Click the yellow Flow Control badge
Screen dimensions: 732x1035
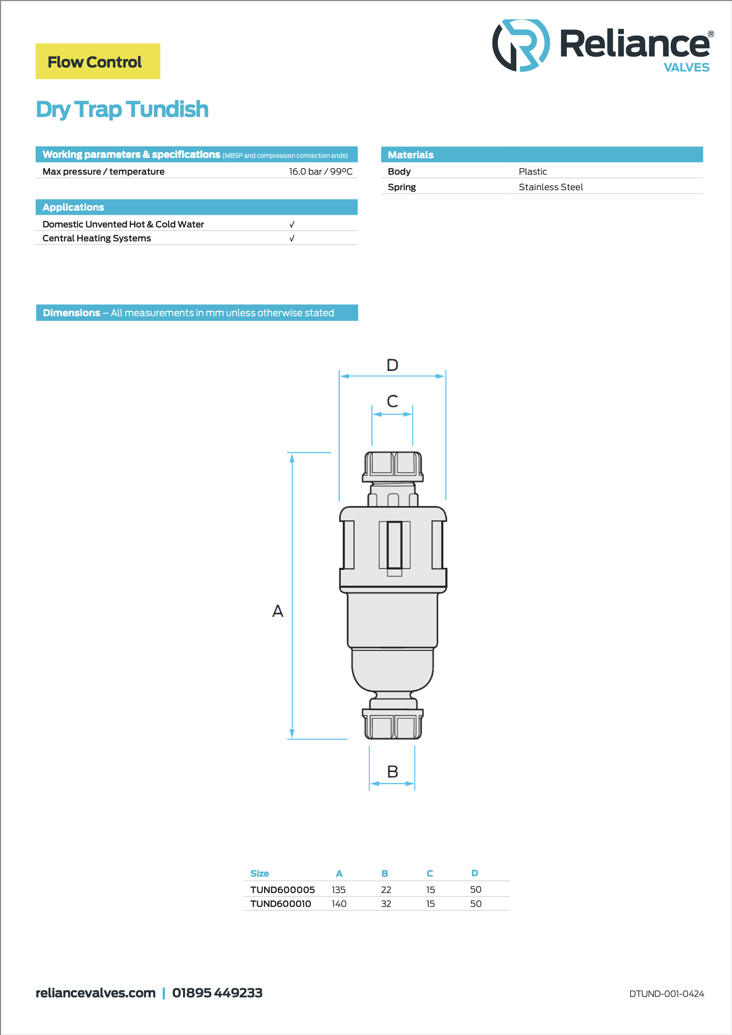click(x=98, y=61)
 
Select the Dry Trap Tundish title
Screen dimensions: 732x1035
click(x=122, y=110)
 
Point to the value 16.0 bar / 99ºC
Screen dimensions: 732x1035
click(x=321, y=171)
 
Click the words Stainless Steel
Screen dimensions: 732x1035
click(x=551, y=187)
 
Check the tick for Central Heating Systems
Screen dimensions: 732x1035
click(x=292, y=238)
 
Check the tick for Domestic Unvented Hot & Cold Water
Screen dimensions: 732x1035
click(x=292, y=224)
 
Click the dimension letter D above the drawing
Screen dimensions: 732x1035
click(x=392, y=364)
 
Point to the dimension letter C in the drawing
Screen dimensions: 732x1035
click(x=392, y=401)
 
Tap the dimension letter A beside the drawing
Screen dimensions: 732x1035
click(x=278, y=611)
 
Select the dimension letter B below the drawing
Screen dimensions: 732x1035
click(x=392, y=771)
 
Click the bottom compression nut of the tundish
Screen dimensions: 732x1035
click(x=393, y=724)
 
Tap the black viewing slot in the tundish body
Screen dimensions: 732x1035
click(x=394, y=545)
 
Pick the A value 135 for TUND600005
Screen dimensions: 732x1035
click(x=338, y=889)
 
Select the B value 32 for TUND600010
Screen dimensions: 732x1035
click(x=386, y=903)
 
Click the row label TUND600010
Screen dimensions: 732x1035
click(x=280, y=903)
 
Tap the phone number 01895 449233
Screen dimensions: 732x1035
click(x=217, y=992)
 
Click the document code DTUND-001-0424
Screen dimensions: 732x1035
click(x=666, y=994)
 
